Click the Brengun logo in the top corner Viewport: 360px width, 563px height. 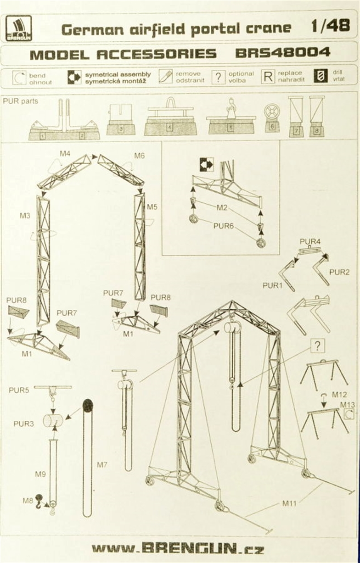pos(19,28)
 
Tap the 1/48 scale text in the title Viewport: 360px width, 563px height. pos(330,26)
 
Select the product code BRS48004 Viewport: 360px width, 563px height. pos(282,52)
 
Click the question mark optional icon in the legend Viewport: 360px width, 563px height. pos(219,77)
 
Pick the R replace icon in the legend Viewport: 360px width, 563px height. pos(268,77)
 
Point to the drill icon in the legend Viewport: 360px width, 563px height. pos(321,76)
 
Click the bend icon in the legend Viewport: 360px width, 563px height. pos(19,78)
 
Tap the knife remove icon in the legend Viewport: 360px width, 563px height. pos(165,77)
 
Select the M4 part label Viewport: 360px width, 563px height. pos(65,154)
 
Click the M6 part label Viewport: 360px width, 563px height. pos(140,156)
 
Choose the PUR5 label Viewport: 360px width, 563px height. pos(19,390)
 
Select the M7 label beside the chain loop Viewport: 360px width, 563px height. pos(102,465)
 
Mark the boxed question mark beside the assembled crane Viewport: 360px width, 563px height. pos(317,346)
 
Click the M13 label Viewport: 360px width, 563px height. pos(348,405)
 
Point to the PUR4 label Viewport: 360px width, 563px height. pos(310,241)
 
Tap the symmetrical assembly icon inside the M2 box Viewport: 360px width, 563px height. pos(207,165)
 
